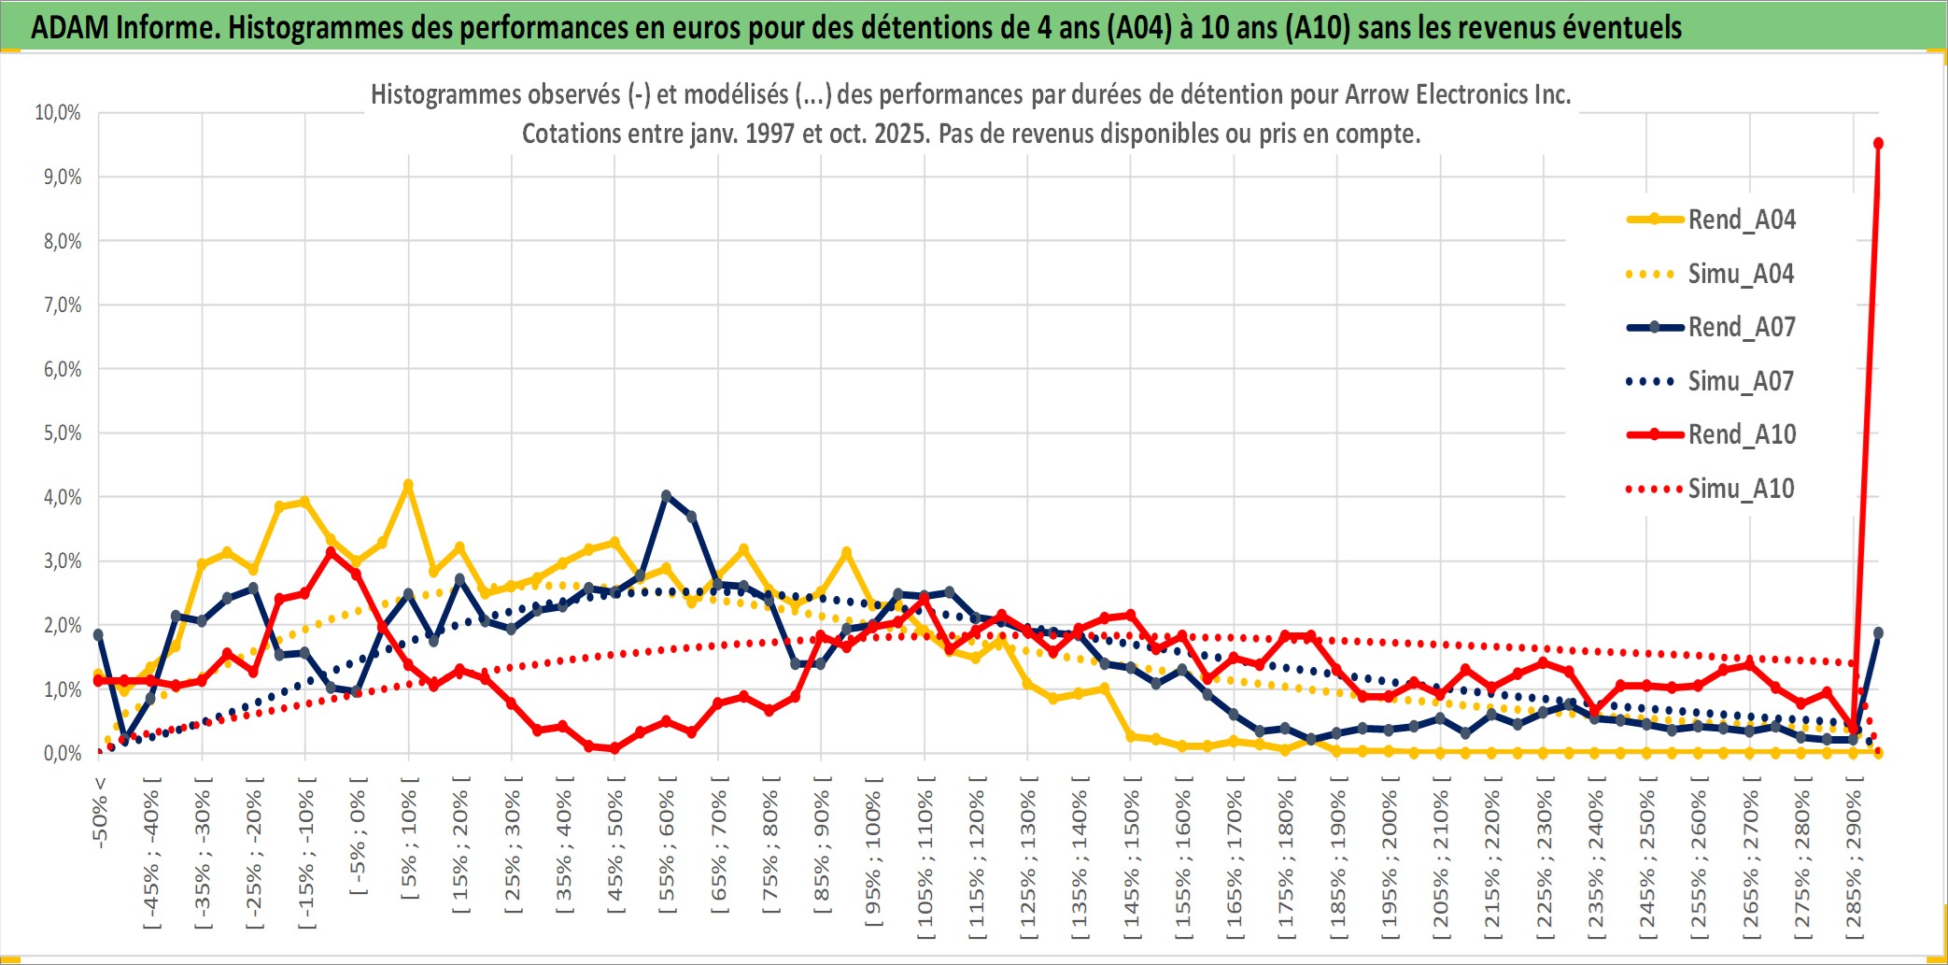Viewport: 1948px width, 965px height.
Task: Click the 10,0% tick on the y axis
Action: click(58, 113)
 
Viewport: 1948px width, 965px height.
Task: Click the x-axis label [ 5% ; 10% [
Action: click(409, 838)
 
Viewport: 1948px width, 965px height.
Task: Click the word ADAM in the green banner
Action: click(70, 27)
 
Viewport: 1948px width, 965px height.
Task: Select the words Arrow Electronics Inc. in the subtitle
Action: click(1458, 94)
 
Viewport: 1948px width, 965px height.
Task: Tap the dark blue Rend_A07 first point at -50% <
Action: click(99, 635)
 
